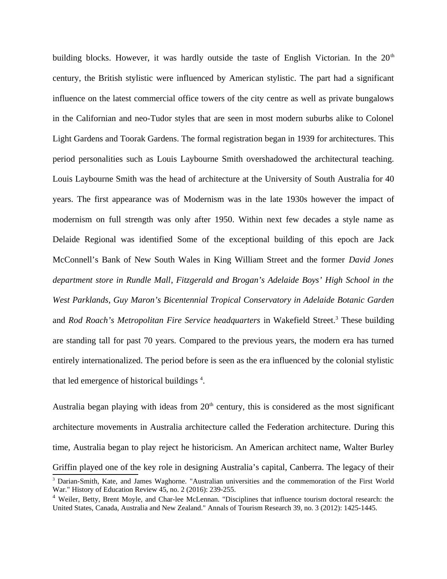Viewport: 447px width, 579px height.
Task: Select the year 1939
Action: point(306,139)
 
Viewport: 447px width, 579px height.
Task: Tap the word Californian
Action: point(96,118)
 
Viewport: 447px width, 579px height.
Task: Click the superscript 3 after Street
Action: point(337,318)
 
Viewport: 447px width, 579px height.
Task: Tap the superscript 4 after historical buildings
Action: point(201,379)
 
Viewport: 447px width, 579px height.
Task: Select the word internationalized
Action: point(98,361)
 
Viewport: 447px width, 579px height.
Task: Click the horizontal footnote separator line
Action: point(95,474)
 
